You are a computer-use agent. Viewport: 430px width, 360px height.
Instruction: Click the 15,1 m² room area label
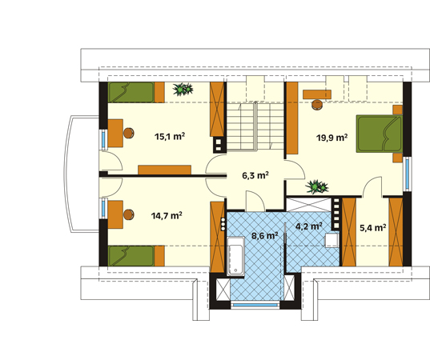click(x=170, y=136)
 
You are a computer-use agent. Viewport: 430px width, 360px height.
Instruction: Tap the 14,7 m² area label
click(x=167, y=216)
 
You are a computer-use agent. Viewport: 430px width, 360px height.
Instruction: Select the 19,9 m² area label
click(x=332, y=138)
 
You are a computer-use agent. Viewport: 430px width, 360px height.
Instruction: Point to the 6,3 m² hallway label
click(x=255, y=175)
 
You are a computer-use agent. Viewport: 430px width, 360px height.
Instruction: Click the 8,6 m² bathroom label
click(x=265, y=236)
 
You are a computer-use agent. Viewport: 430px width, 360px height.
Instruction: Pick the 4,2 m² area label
click(x=309, y=226)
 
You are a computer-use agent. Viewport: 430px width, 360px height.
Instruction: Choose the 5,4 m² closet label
click(x=373, y=228)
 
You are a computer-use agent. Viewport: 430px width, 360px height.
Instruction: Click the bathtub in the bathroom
click(x=236, y=256)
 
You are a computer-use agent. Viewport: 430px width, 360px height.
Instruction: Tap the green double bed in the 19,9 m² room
click(x=380, y=134)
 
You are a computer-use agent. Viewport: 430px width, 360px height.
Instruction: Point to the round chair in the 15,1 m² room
click(x=128, y=133)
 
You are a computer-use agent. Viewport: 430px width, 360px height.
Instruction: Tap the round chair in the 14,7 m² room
click(x=128, y=214)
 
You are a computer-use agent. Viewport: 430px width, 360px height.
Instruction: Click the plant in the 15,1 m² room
click(x=183, y=89)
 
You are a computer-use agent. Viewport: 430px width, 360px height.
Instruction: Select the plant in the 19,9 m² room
click(x=317, y=187)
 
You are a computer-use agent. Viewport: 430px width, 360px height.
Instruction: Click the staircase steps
click(x=255, y=126)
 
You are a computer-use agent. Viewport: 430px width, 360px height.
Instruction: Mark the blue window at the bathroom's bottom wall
click(x=255, y=305)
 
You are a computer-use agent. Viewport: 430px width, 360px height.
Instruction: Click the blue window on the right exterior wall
click(x=408, y=174)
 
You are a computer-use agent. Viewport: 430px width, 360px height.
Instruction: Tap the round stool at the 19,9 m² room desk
click(x=317, y=104)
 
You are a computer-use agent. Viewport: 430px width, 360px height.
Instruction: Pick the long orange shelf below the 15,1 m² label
click(x=164, y=170)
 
